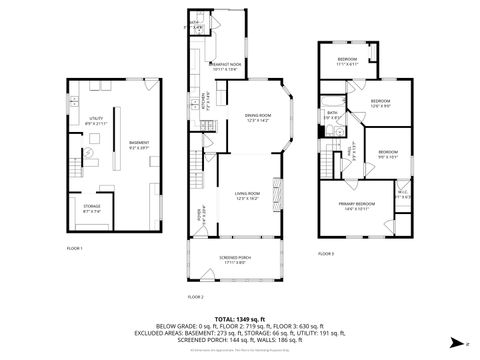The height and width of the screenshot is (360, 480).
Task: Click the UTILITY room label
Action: pos(97,119)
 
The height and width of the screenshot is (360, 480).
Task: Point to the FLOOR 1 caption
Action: pos(75,247)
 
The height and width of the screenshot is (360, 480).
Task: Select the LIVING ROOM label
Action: pos(248,194)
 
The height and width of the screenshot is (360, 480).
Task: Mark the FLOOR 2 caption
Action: pos(196,297)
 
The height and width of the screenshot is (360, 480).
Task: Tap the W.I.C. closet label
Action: pos(401,196)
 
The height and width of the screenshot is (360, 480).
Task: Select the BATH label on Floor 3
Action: pos(332,115)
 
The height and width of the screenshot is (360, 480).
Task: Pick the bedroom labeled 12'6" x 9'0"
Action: pos(380,103)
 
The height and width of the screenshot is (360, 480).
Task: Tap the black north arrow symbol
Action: pos(458,341)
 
